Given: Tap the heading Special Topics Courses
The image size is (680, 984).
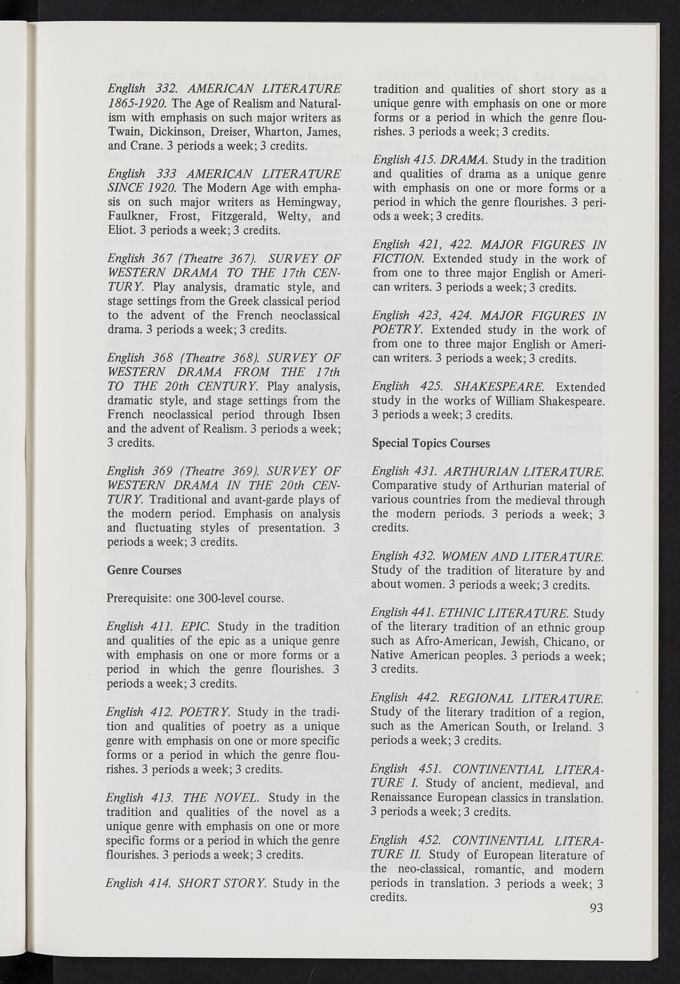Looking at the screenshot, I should pos(431,443).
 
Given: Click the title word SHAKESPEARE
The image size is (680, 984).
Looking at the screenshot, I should pos(498,387).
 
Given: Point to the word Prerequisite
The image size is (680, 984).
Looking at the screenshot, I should pos(139,598).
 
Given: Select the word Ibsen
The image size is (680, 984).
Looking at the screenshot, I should pos(326,415).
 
